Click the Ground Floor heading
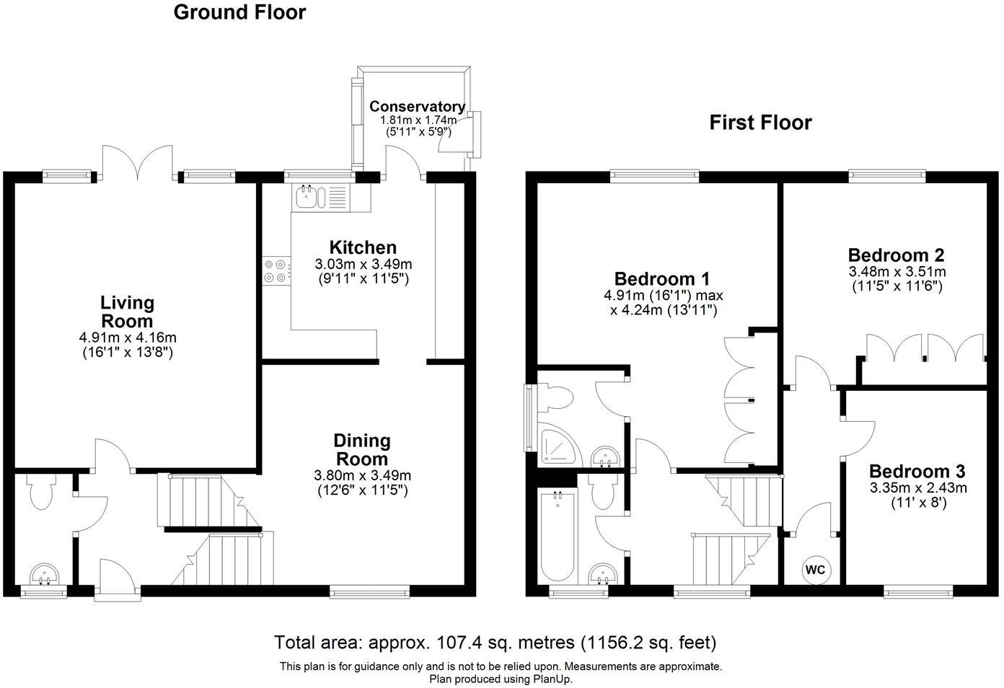click(x=239, y=12)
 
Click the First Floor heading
click(x=760, y=123)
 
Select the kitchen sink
click(x=309, y=195)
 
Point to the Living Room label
click(x=127, y=312)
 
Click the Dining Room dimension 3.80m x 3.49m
click(x=362, y=475)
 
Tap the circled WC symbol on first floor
click(x=815, y=570)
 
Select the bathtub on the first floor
click(x=557, y=535)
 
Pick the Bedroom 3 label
click(x=917, y=472)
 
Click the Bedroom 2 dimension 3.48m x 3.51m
click(x=897, y=272)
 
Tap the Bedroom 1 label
click(x=662, y=279)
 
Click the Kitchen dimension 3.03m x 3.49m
click(x=363, y=265)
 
